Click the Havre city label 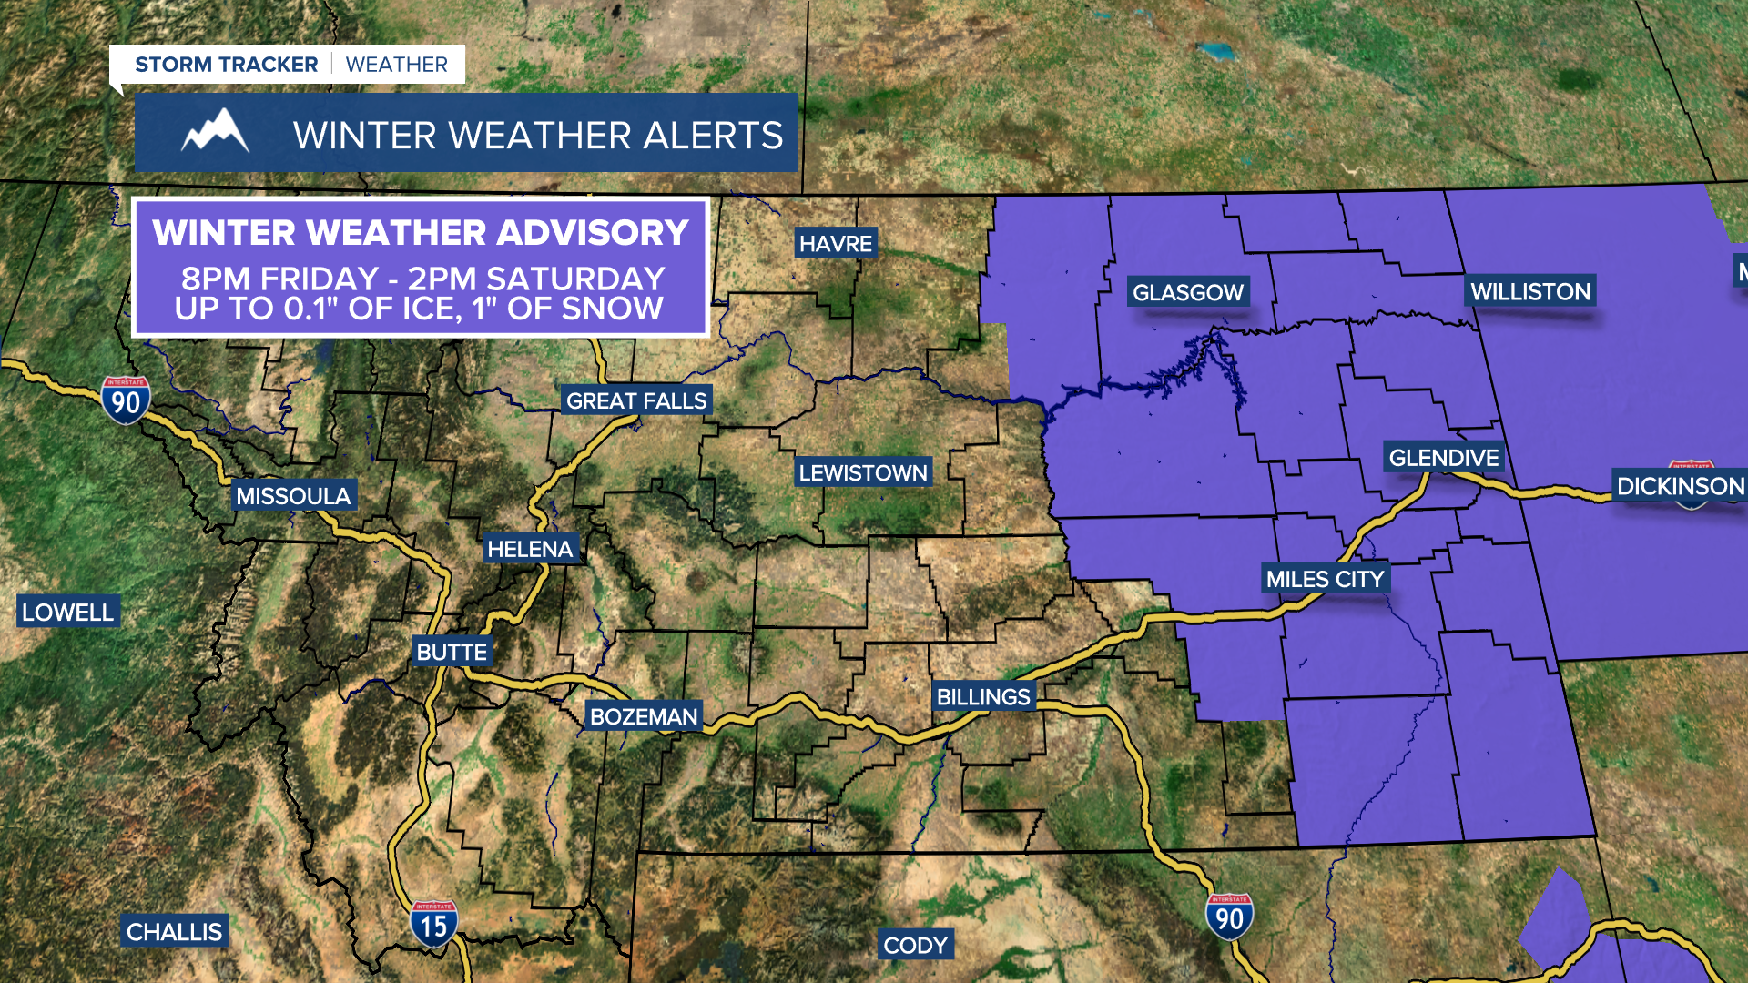[836, 244]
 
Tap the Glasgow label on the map [1188, 292]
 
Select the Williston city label [1530, 291]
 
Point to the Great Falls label [636, 400]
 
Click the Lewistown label [863, 472]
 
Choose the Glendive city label [1444, 458]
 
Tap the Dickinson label [1680, 486]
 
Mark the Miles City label [1325, 579]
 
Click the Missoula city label [293, 496]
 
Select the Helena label [530, 549]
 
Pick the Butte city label [452, 652]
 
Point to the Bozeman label [644, 716]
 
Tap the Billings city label [983, 697]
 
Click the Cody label [915, 946]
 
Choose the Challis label [174, 932]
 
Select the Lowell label [68, 613]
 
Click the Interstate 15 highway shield [433, 925]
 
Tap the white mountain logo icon [215, 132]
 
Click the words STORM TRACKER [227, 65]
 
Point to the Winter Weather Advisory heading [421, 233]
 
